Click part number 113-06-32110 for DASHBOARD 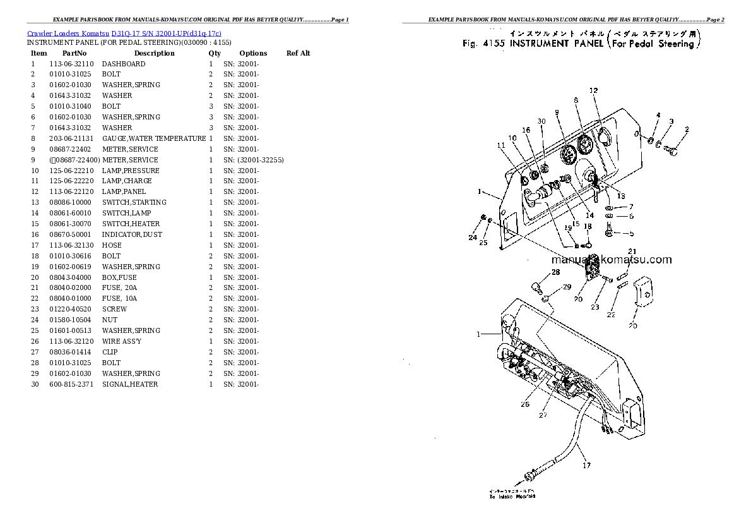coord(71,64)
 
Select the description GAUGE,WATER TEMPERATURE coord(153,138)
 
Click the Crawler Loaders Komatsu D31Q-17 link coord(124,33)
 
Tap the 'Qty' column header coord(215,53)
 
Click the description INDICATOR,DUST coord(132,234)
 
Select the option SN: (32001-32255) coord(253,160)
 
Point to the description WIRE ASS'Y coord(121,341)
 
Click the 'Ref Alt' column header coord(298,53)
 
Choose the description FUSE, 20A coord(119,287)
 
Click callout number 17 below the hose coord(586,466)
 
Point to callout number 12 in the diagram coord(593,91)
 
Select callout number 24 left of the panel coord(473,238)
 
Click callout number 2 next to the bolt coord(687,130)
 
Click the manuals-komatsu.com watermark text coord(611,259)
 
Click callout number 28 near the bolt coord(555,272)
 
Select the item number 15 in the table coord(35,224)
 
